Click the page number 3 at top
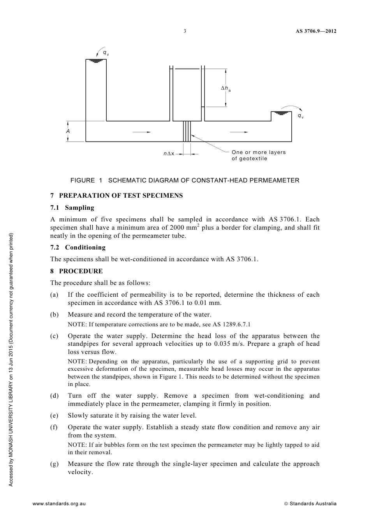pyautogui.click(x=185, y=31)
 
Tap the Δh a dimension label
pyautogui.click(x=226, y=89)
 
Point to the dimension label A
pyautogui.click(x=68, y=131)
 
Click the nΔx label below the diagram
pyautogui.click(x=169, y=154)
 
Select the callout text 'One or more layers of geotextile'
pyautogui.click(x=258, y=155)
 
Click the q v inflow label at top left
pyautogui.click(x=105, y=53)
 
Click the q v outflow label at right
pyautogui.click(x=300, y=116)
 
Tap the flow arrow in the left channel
pyautogui.click(x=141, y=132)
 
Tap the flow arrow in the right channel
pyautogui.click(x=239, y=132)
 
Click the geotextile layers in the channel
pyautogui.click(x=187, y=131)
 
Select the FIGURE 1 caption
pyautogui.click(x=185, y=180)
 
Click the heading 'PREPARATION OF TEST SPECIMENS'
pyautogui.click(x=121, y=195)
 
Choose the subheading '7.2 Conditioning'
pyautogui.click(x=78, y=247)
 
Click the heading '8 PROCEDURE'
pyautogui.click(x=77, y=271)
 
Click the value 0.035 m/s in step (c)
pyautogui.click(x=229, y=344)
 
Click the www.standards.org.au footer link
pyautogui.click(x=59, y=504)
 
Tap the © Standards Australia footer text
pyautogui.click(x=310, y=504)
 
